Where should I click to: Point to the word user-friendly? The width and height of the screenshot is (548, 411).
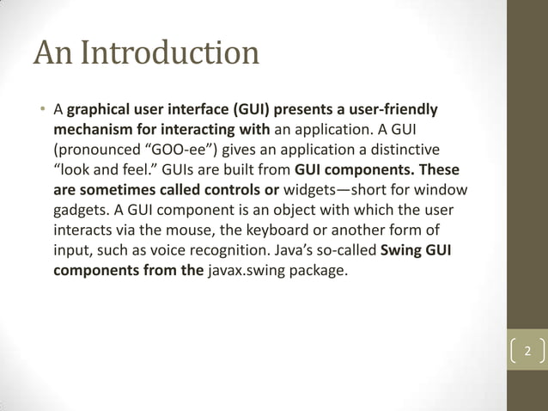coord(394,110)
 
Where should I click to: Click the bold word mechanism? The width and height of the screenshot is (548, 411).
coord(94,129)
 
